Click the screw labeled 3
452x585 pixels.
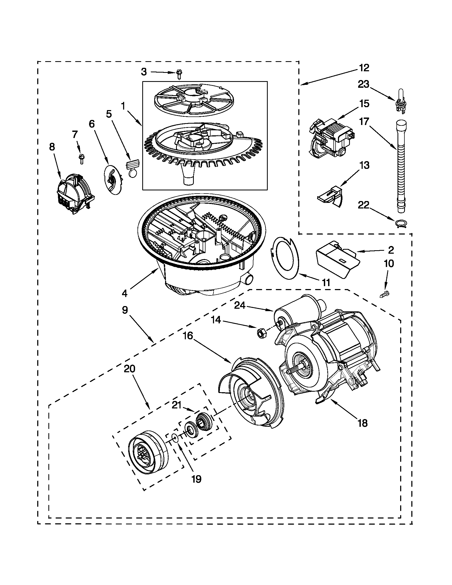click(179, 74)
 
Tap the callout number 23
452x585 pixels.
click(363, 84)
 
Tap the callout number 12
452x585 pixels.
click(364, 68)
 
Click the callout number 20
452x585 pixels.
click(129, 369)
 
